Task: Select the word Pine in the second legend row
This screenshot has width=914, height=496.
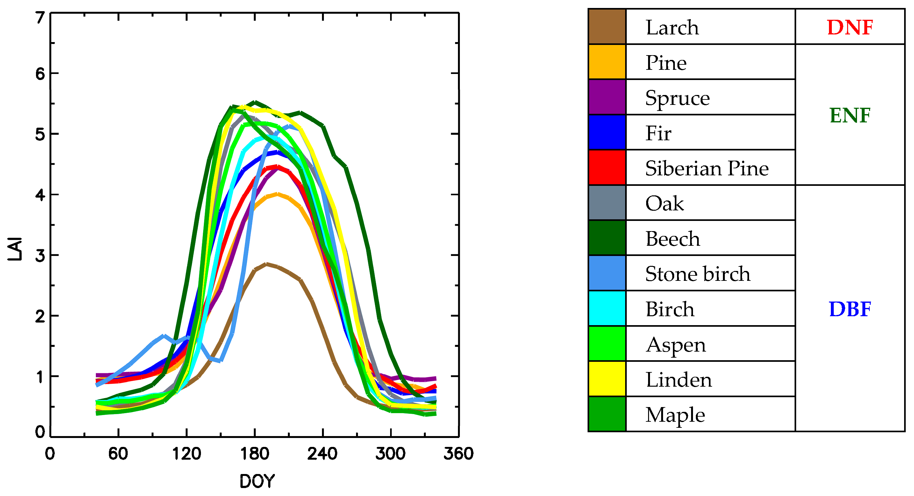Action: pyautogui.click(x=666, y=63)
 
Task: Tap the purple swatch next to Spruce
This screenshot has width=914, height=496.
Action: pyautogui.click(x=607, y=97)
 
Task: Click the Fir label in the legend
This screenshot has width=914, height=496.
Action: pyautogui.click(x=658, y=133)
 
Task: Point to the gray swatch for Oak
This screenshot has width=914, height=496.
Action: pyautogui.click(x=607, y=203)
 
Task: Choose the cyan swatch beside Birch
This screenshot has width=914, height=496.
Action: pyautogui.click(x=607, y=308)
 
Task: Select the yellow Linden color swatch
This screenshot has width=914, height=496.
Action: pyautogui.click(x=607, y=379)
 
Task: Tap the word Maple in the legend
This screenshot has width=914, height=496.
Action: pyautogui.click(x=675, y=415)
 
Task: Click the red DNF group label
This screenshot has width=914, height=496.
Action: pyautogui.click(x=850, y=27)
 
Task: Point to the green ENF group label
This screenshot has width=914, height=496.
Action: pyautogui.click(x=850, y=115)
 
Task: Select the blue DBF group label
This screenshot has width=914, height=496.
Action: pyautogui.click(x=850, y=309)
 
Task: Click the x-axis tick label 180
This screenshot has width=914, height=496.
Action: pyautogui.click(x=254, y=454)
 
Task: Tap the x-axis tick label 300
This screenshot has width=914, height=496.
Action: pyautogui.click(x=390, y=454)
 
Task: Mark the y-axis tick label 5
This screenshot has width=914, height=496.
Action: pyautogui.click(x=40, y=134)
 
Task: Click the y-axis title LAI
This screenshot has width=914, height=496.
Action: pyautogui.click(x=15, y=249)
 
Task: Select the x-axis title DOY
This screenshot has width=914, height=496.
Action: pyautogui.click(x=257, y=481)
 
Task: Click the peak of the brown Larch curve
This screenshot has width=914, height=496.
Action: pyautogui.click(x=266, y=264)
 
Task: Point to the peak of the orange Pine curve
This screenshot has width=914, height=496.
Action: pyautogui.click(x=277, y=194)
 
